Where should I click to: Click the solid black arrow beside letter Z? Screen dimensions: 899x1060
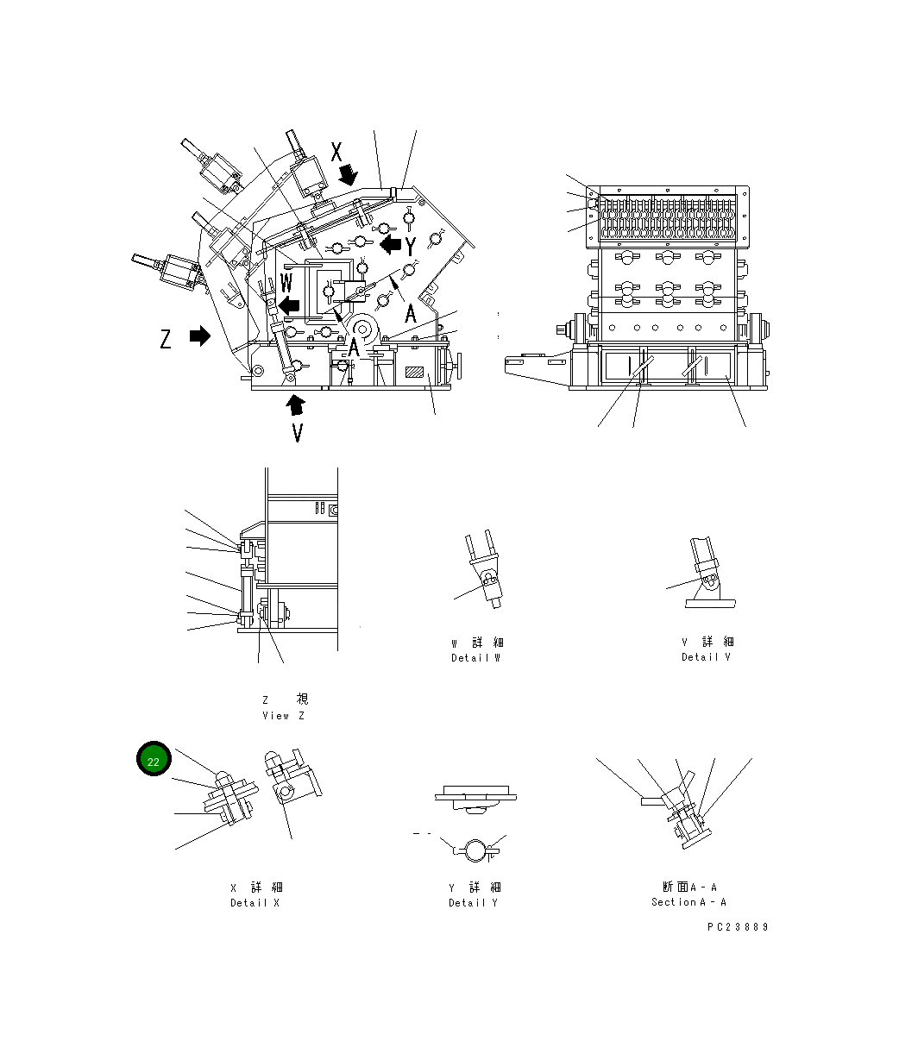[x=200, y=336]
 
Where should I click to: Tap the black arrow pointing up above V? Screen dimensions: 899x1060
[x=296, y=405]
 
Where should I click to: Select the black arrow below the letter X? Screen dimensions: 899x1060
[x=349, y=175]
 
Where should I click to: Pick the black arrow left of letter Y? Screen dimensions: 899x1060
[x=391, y=244]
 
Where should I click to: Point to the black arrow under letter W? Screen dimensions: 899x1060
[x=289, y=305]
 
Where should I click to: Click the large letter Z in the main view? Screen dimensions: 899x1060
[x=166, y=339]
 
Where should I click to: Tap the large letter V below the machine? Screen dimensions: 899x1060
[x=297, y=433]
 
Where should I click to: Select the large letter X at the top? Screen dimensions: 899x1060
[x=336, y=153]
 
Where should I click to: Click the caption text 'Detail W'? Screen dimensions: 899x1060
[x=475, y=658]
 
